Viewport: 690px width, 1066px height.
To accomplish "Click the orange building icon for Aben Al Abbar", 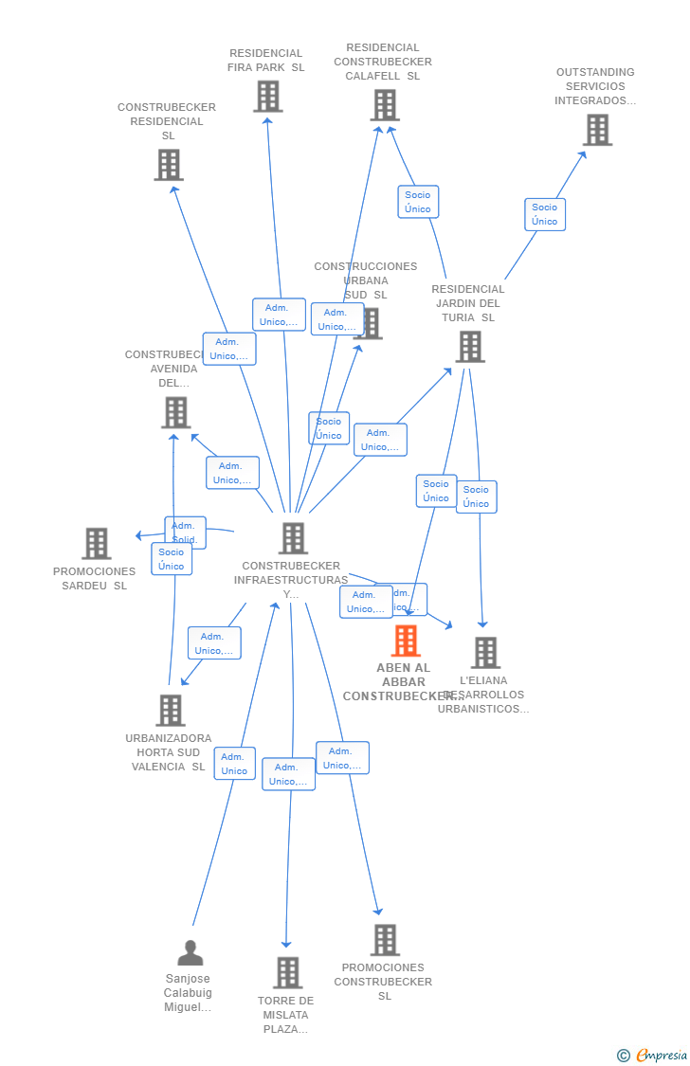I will [406, 641].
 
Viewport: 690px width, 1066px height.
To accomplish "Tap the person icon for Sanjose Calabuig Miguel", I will [191, 953].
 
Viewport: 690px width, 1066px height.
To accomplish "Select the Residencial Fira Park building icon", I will [268, 97].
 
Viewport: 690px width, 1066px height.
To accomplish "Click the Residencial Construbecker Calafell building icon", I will [385, 105].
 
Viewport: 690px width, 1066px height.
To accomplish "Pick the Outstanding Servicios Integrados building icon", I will [597, 130].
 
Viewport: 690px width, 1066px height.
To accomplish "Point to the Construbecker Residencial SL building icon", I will [169, 165].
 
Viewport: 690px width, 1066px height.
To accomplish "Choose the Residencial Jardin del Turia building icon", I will [470, 347].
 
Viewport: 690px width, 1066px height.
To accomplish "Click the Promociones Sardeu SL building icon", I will [97, 544].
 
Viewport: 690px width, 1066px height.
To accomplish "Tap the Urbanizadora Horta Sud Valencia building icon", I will [171, 711].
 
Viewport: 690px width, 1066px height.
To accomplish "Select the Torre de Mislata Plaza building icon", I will [288, 973].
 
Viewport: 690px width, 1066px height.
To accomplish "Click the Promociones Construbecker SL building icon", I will [385, 940].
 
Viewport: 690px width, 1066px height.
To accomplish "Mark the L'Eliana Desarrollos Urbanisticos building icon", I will [486, 653].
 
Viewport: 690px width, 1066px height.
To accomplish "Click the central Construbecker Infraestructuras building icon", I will [293, 538].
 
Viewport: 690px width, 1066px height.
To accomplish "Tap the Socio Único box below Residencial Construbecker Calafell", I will [418, 202].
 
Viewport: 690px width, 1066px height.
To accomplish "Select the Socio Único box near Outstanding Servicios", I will [545, 214].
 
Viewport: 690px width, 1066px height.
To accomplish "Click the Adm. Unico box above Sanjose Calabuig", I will [234, 764].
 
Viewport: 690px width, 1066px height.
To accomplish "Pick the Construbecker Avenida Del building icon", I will [175, 413].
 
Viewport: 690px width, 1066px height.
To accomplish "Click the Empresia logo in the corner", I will [653, 1056].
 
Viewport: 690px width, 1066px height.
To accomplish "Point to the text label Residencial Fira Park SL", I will [266, 61].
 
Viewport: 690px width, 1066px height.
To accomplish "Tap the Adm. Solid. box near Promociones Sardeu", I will [185, 531].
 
